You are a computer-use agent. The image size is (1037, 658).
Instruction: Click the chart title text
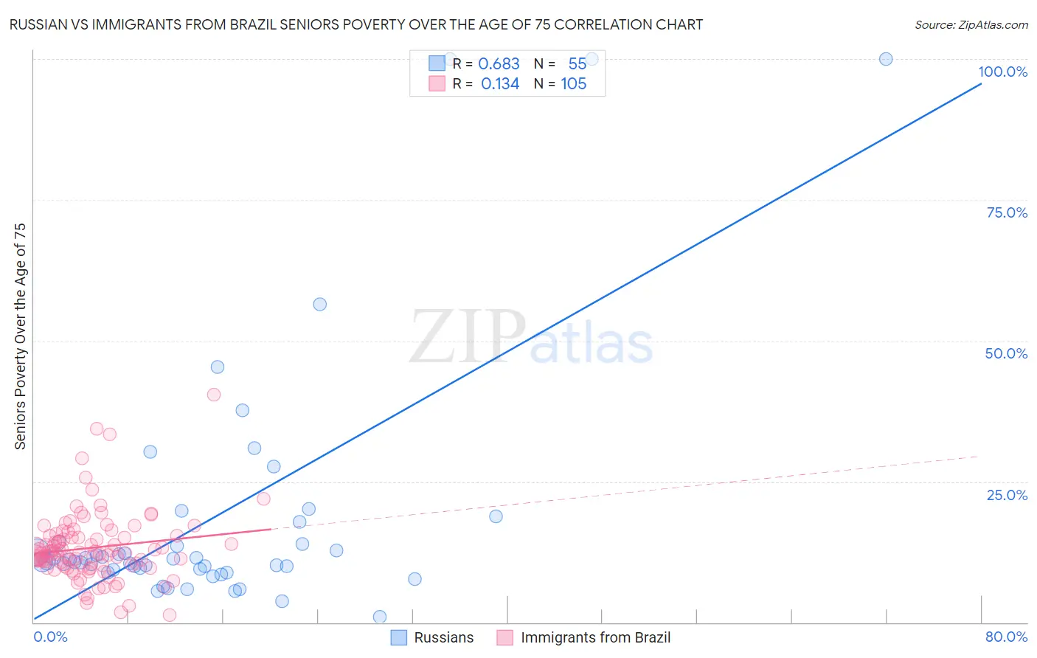tap(356, 24)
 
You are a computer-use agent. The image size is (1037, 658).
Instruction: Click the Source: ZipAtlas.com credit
tap(971, 24)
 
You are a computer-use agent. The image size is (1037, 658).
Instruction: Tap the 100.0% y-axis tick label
tap(1002, 72)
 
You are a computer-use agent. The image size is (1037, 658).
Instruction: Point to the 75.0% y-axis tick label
tap(1007, 212)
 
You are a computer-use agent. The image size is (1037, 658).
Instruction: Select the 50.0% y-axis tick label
tap(1006, 353)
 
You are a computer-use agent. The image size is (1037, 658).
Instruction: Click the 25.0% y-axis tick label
tap(1007, 495)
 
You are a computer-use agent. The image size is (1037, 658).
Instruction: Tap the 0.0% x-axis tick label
tap(50, 637)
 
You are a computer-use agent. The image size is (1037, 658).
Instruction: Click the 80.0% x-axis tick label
tap(1006, 637)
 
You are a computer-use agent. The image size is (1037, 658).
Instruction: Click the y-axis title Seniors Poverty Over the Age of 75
tap(21, 336)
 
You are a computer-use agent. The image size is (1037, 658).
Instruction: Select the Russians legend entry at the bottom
tap(433, 637)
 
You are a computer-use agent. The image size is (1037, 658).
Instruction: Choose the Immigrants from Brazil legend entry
tap(584, 637)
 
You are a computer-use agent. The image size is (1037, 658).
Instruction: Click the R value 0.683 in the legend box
tap(499, 64)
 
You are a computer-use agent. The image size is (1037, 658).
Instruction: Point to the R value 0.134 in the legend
tap(500, 84)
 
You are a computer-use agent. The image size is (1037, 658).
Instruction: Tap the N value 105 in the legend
tap(574, 84)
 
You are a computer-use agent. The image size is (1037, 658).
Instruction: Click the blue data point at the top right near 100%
tap(886, 59)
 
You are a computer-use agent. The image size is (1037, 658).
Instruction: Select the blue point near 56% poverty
tap(319, 304)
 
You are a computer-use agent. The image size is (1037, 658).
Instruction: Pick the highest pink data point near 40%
tap(214, 395)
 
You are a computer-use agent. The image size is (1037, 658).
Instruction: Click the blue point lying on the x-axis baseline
tap(380, 617)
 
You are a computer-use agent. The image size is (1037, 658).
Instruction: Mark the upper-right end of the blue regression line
tap(980, 84)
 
